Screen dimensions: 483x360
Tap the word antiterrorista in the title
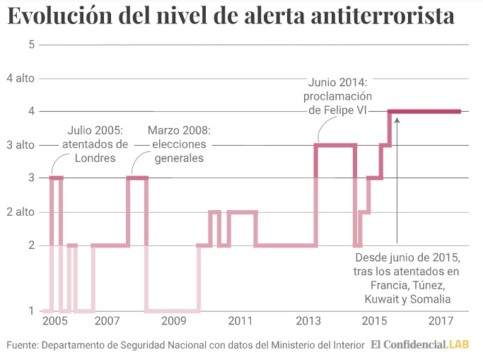coord(383,16)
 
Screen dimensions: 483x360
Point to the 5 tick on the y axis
coord(32,45)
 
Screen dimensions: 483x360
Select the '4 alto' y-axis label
coord(21,79)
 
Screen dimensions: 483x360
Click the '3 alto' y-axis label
coord(21,145)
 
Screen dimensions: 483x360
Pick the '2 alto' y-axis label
coord(21,212)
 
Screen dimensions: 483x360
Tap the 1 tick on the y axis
coord(31,310)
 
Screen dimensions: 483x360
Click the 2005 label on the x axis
coord(55,321)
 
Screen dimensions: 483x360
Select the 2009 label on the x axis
coord(174,321)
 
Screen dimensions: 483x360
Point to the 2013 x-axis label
coord(308,321)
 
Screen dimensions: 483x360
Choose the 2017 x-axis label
coord(441,321)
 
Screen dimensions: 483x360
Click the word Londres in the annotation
coord(95,158)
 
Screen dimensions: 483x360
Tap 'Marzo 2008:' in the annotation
coord(180,130)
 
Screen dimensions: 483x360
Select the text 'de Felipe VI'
coord(337,110)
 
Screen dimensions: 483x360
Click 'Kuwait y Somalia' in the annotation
coord(407,299)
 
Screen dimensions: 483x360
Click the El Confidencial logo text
coord(408,344)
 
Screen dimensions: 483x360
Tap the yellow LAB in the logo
coord(458,344)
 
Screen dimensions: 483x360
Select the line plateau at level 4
coord(424,112)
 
